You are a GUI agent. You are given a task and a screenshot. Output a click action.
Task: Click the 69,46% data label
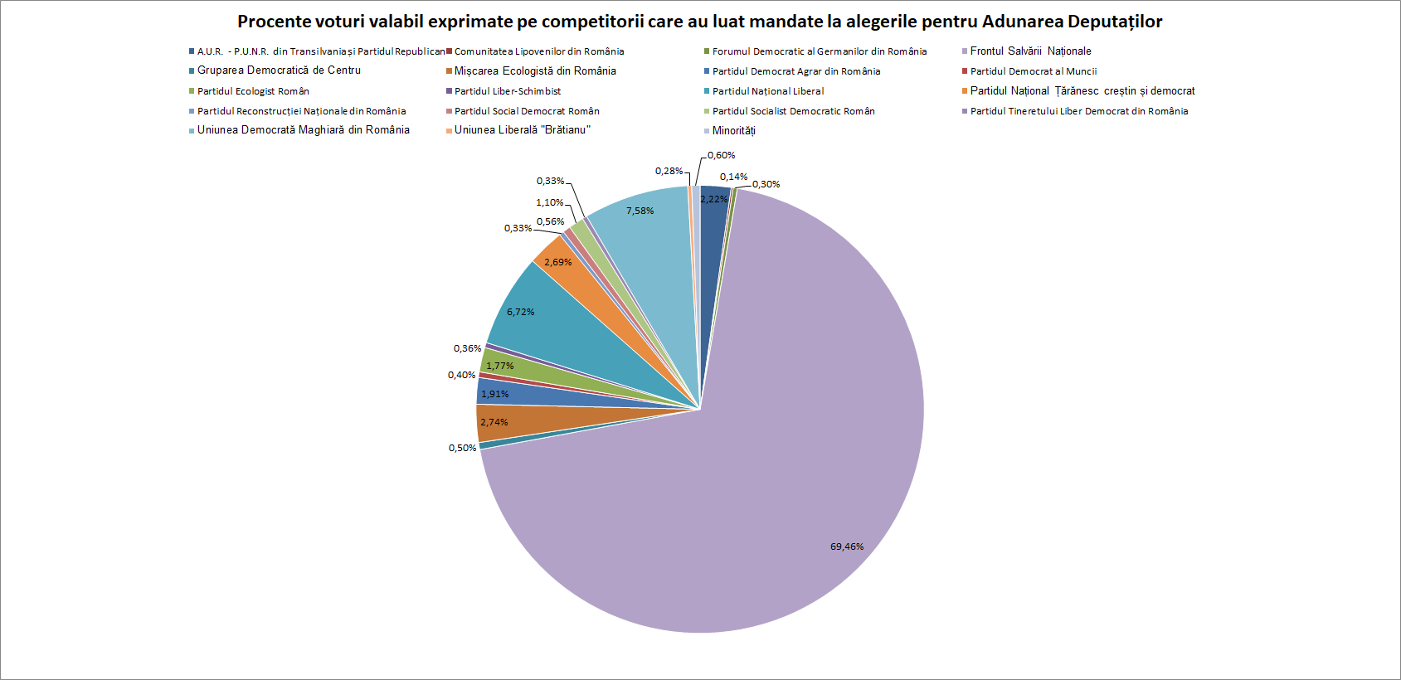tap(846, 546)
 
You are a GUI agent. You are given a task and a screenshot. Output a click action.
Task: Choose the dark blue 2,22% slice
tap(715, 216)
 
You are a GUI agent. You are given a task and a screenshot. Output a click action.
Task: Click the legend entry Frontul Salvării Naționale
tap(1030, 51)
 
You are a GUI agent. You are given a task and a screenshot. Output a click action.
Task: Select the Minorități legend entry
tap(733, 130)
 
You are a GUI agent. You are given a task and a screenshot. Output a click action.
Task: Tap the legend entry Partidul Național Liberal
tap(767, 91)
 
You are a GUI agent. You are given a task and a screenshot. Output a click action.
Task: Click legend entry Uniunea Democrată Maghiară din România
tap(303, 130)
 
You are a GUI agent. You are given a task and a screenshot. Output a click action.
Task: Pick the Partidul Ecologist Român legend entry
tap(253, 91)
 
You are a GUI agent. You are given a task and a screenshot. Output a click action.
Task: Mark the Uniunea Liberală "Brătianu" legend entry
tap(522, 130)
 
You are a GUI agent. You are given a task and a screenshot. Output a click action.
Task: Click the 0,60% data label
tap(721, 155)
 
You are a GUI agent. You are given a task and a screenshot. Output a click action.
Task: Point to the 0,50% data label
tap(462, 448)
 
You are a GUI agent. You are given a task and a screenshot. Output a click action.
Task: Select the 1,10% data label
tap(549, 202)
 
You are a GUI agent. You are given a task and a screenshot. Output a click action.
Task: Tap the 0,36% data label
tap(467, 348)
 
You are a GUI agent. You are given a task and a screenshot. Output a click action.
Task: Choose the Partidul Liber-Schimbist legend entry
tap(507, 91)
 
